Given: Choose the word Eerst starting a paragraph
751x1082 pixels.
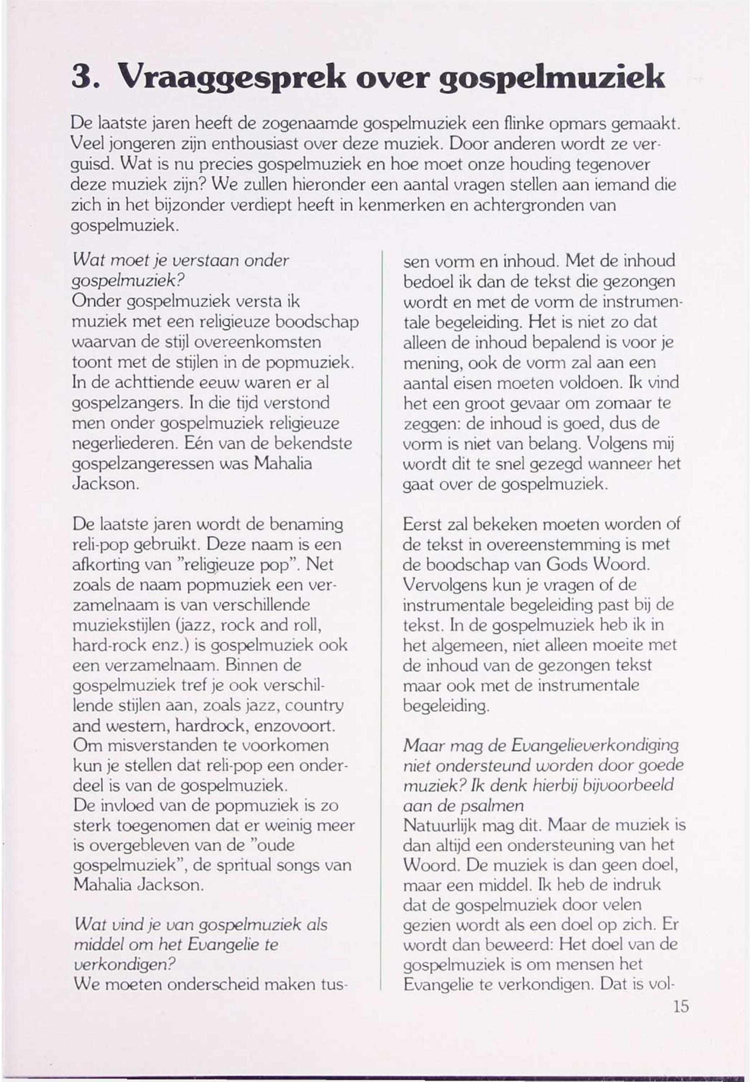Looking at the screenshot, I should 423,524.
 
